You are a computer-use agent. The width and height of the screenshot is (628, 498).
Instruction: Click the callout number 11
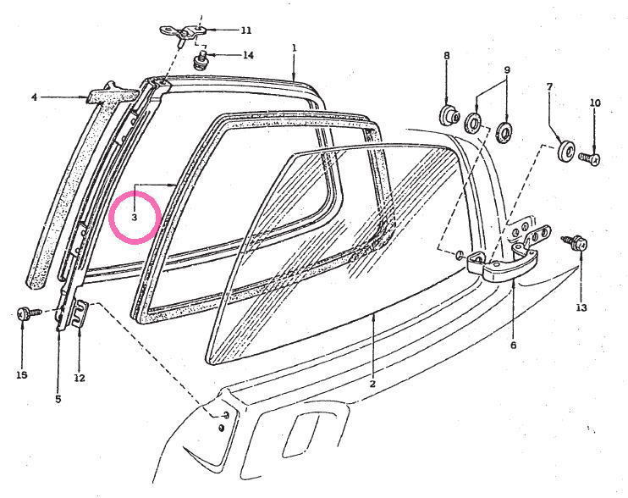[x=246, y=30]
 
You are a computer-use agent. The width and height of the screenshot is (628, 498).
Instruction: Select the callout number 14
[x=248, y=55]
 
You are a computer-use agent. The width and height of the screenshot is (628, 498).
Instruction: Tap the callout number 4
[x=35, y=97]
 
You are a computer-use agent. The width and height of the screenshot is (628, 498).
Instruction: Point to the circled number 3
[x=135, y=218]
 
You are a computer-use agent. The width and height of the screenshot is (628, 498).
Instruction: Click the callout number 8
[x=447, y=55]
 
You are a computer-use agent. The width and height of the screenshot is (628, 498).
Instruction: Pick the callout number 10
[x=595, y=103]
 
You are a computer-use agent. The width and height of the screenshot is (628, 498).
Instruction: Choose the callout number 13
[x=581, y=307]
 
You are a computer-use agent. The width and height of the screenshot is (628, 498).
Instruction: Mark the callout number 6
[x=514, y=345]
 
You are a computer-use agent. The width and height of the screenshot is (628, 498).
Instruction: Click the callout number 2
[x=372, y=384]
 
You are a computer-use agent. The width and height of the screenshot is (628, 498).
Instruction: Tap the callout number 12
[x=80, y=378]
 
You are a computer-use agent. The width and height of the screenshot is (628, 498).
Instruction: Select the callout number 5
[x=58, y=399]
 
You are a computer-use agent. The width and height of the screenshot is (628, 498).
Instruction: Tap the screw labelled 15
[x=30, y=313]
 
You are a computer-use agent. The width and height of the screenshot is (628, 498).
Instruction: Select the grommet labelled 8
[x=449, y=115]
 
